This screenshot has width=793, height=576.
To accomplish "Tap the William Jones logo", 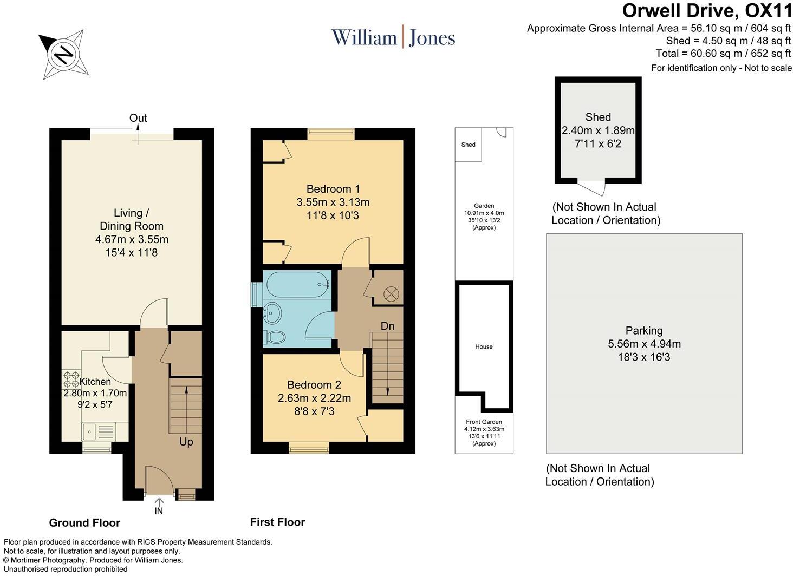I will (x=393, y=37).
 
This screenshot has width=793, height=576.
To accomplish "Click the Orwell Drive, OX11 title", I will (x=707, y=11).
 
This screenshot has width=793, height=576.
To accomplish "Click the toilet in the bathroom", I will (x=275, y=337).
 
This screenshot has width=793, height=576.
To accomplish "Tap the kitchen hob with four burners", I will (x=71, y=378).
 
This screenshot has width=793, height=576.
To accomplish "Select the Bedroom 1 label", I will (x=333, y=189).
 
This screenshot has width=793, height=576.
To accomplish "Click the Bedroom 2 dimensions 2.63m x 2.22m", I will (x=314, y=398).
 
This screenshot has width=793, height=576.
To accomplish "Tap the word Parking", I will (x=643, y=330).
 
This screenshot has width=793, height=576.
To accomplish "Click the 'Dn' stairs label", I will (x=387, y=326).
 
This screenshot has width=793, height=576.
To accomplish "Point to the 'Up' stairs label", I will (x=186, y=442).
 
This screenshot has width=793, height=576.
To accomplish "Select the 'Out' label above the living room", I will (x=138, y=118).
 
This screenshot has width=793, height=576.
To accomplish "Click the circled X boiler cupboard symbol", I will (x=391, y=294).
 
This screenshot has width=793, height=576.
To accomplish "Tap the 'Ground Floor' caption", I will (x=84, y=522).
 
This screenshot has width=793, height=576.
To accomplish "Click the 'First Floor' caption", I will (x=277, y=522).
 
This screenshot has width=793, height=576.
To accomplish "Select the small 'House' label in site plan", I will (x=484, y=346).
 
